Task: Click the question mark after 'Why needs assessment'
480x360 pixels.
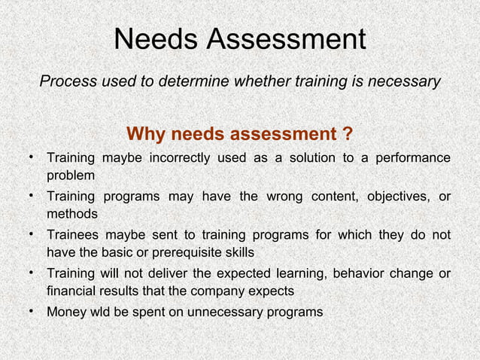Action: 347,135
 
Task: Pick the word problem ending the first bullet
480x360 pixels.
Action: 71,176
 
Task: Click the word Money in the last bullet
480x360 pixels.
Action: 65,311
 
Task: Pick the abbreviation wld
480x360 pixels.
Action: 103,311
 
